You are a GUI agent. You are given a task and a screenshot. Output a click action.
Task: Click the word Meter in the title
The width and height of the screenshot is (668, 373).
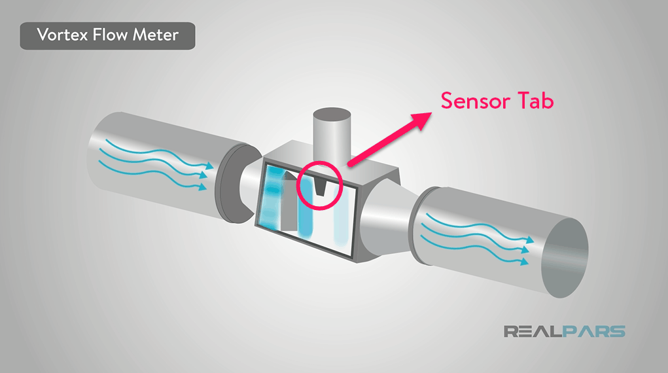tap(155, 35)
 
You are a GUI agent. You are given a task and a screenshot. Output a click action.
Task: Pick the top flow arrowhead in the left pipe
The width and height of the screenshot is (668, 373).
tap(207, 168)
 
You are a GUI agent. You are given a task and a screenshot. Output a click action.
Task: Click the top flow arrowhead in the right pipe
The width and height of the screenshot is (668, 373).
tap(529, 240)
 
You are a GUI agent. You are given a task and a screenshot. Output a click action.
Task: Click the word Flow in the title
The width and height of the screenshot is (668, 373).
tap(111, 35)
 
